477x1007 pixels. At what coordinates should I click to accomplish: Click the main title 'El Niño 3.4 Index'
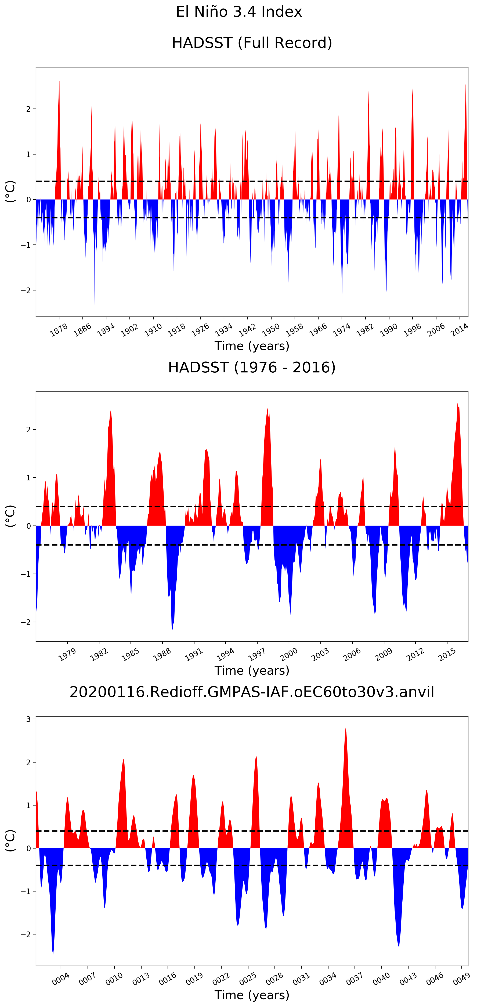click(x=239, y=12)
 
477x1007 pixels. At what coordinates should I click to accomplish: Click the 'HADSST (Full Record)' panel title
click(x=252, y=43)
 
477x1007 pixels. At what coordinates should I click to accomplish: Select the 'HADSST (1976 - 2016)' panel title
click(x=252, y=368)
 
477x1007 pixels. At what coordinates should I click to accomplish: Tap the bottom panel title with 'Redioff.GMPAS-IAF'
click(x=252, y=692)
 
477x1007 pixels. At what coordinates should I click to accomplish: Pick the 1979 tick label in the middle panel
click(x=67, y=654)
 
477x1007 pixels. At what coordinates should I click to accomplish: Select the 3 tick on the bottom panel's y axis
click(x=28, y=719)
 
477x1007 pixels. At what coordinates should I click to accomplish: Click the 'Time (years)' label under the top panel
click(x=252, y=346)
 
